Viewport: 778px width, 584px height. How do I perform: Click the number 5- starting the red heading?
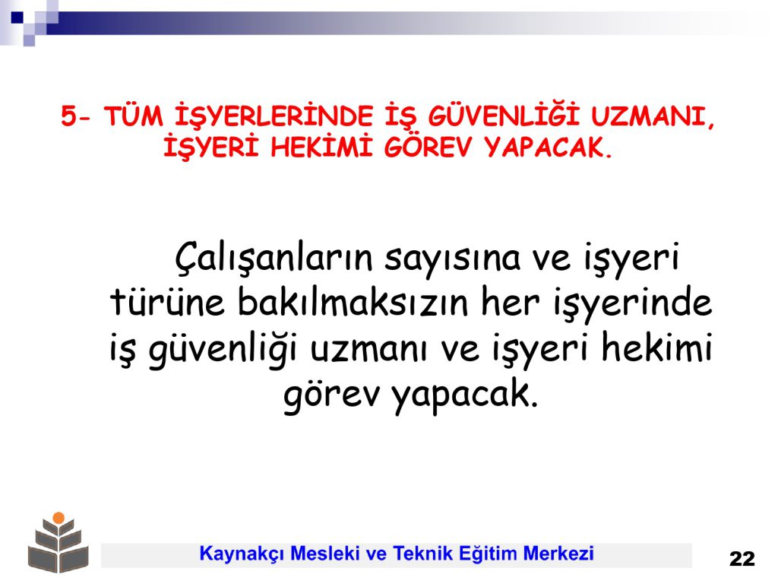point(76,116)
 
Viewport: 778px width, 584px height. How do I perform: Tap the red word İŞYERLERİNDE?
point(274,116)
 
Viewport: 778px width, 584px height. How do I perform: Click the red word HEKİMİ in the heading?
point(321,146)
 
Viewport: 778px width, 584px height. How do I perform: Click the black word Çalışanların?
point(274,257)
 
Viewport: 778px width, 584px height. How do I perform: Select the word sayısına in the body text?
point(453,259)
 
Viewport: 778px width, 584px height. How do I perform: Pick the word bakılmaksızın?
point(353,301)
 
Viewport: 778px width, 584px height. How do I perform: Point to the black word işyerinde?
point(633,303)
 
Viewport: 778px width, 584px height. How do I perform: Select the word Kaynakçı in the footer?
point(242,554)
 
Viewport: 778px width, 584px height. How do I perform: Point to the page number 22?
point(742,559)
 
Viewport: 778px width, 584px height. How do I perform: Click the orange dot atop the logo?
point(59,517)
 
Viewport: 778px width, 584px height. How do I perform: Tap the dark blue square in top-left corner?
point(17,17)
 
